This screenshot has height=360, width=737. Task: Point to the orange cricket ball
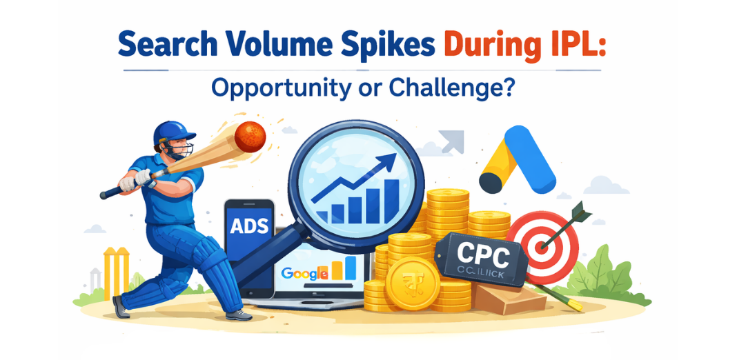pyautogui.click(x=250, y=137)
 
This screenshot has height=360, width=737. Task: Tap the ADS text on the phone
pyautogui.click(x=249, y=228)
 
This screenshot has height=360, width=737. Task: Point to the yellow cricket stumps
pyautogui.click(x=115, y=272)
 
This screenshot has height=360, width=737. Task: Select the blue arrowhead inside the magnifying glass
pyautogui.click(x=388, y=163)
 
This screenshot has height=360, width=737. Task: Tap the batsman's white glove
pyautogui.click(x=141, y=178)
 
